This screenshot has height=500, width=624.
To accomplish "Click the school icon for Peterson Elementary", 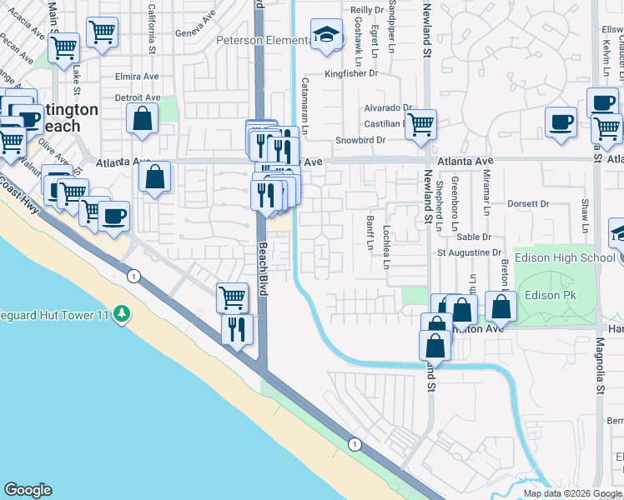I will tap(326, 35).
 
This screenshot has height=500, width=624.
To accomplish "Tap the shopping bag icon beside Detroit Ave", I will tap(143, 118).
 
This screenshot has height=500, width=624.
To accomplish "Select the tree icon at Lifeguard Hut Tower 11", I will tap(123, 312).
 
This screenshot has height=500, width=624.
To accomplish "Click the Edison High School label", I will tap(565, 257).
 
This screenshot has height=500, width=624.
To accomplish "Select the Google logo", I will tap(28, 490).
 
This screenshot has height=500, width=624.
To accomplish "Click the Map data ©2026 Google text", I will tap(572, 493).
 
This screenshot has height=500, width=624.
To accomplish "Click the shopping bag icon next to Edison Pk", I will tap(501, 307).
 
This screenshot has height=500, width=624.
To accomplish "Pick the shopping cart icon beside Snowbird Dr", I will tap(421, 124).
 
